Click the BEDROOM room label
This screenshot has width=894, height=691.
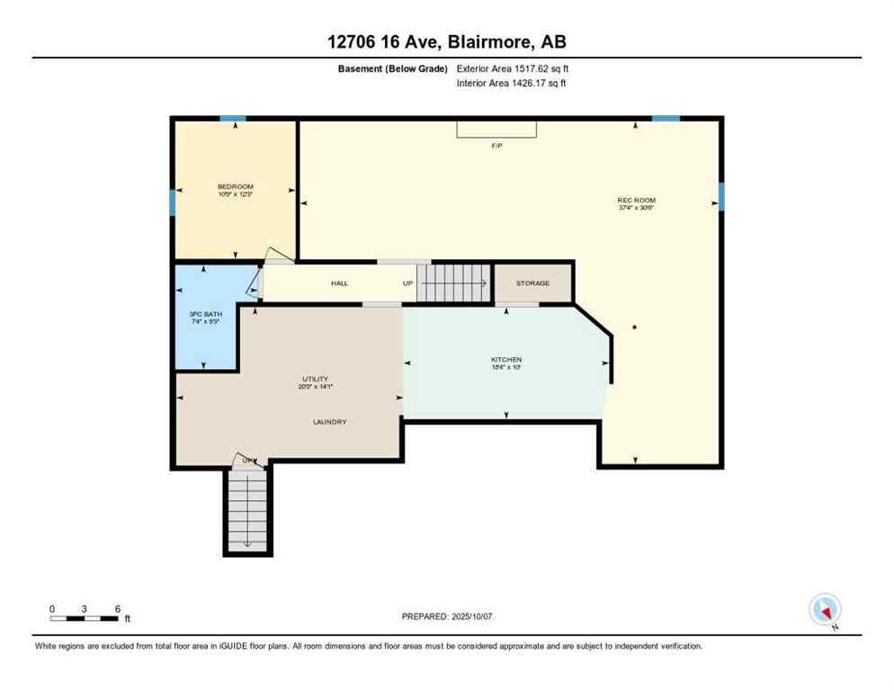(x=235, y=186)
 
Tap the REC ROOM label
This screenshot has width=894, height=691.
(x=635, y=199)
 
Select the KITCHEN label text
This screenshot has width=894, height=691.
(x=505, y=360)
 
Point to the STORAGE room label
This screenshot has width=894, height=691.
(x=532, y=283)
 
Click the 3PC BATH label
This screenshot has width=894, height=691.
(x=204, y=314)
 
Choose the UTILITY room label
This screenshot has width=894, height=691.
(x=315, y=379)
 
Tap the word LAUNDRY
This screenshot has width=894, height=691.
(x=329, y=422)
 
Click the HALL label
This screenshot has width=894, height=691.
(x=339, y=283)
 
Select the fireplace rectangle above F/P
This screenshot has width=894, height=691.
(x=496, y=130)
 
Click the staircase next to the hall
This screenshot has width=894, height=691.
(x=455, y=283)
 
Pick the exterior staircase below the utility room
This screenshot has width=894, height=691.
(x=246, y=510)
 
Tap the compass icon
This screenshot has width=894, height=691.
(x=825, y=610)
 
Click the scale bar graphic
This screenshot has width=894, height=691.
(x=85, y=618)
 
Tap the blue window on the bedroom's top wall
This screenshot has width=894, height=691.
(x=233, y=119)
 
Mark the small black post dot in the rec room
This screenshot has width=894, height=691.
(x=634, y=328)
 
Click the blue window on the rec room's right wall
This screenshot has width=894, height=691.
(x=720, y=196)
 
